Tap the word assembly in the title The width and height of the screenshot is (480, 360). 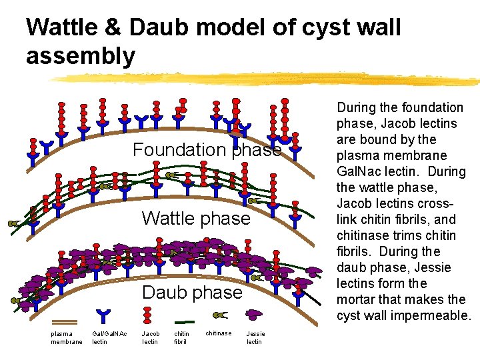(x=80, y=56)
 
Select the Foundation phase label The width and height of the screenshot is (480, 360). (x=207, y=150)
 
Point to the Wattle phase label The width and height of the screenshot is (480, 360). (x=196, y=218)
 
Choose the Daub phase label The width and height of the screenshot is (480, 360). (x=193, y=293)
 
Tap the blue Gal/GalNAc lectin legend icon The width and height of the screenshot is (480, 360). (x=103, y=316)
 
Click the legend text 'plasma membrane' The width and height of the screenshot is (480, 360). (x=66, y=337)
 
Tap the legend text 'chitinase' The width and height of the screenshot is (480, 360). (x=219, y=333)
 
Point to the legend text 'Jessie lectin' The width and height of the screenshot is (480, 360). (x=255, y=337)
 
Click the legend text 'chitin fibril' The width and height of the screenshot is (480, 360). (x=181, y=337)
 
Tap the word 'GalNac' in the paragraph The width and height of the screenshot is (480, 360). (x=359, y=171)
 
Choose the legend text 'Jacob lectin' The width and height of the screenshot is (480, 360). (x=150, y=337)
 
